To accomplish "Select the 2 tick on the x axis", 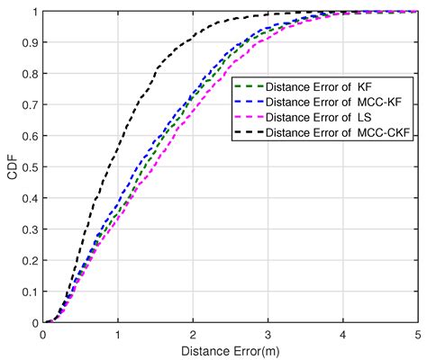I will coord(194,334).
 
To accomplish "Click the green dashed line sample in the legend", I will coord(247,86).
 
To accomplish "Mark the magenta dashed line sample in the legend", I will coord(247,118).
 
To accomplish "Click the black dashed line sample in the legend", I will coord(247,133).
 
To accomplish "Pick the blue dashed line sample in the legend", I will coord(247,102).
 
